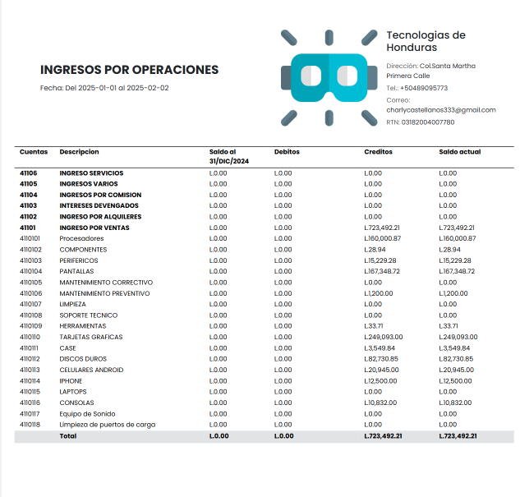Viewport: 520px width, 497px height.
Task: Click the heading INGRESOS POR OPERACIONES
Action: [x=129, y=70]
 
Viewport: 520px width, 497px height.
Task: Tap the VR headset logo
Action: [x=329, y=77]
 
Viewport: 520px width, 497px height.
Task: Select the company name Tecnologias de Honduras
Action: [x=426, y=41]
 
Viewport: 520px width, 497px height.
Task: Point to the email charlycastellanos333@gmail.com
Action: [x=441, y=109]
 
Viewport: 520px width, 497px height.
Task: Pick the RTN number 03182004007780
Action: [x=428, y=122]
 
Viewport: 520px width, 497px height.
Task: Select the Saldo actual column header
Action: [x=460, y=152]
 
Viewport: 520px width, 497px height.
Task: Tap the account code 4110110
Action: [x=30, y=337]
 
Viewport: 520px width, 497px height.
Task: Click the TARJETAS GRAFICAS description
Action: [x=90, y=337]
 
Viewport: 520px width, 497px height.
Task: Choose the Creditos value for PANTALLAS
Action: [x=382, y=271]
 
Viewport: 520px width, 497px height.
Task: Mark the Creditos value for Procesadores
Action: [x=382, y=238]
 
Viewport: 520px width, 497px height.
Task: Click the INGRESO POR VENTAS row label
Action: [x=94, y=228]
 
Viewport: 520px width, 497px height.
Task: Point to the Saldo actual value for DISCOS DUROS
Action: [x=457, y=359]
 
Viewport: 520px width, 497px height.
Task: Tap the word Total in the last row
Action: [x=67, y=436]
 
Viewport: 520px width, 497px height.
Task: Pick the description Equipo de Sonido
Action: [x=87, y=414]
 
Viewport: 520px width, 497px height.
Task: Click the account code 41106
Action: [x=29, y=173]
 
